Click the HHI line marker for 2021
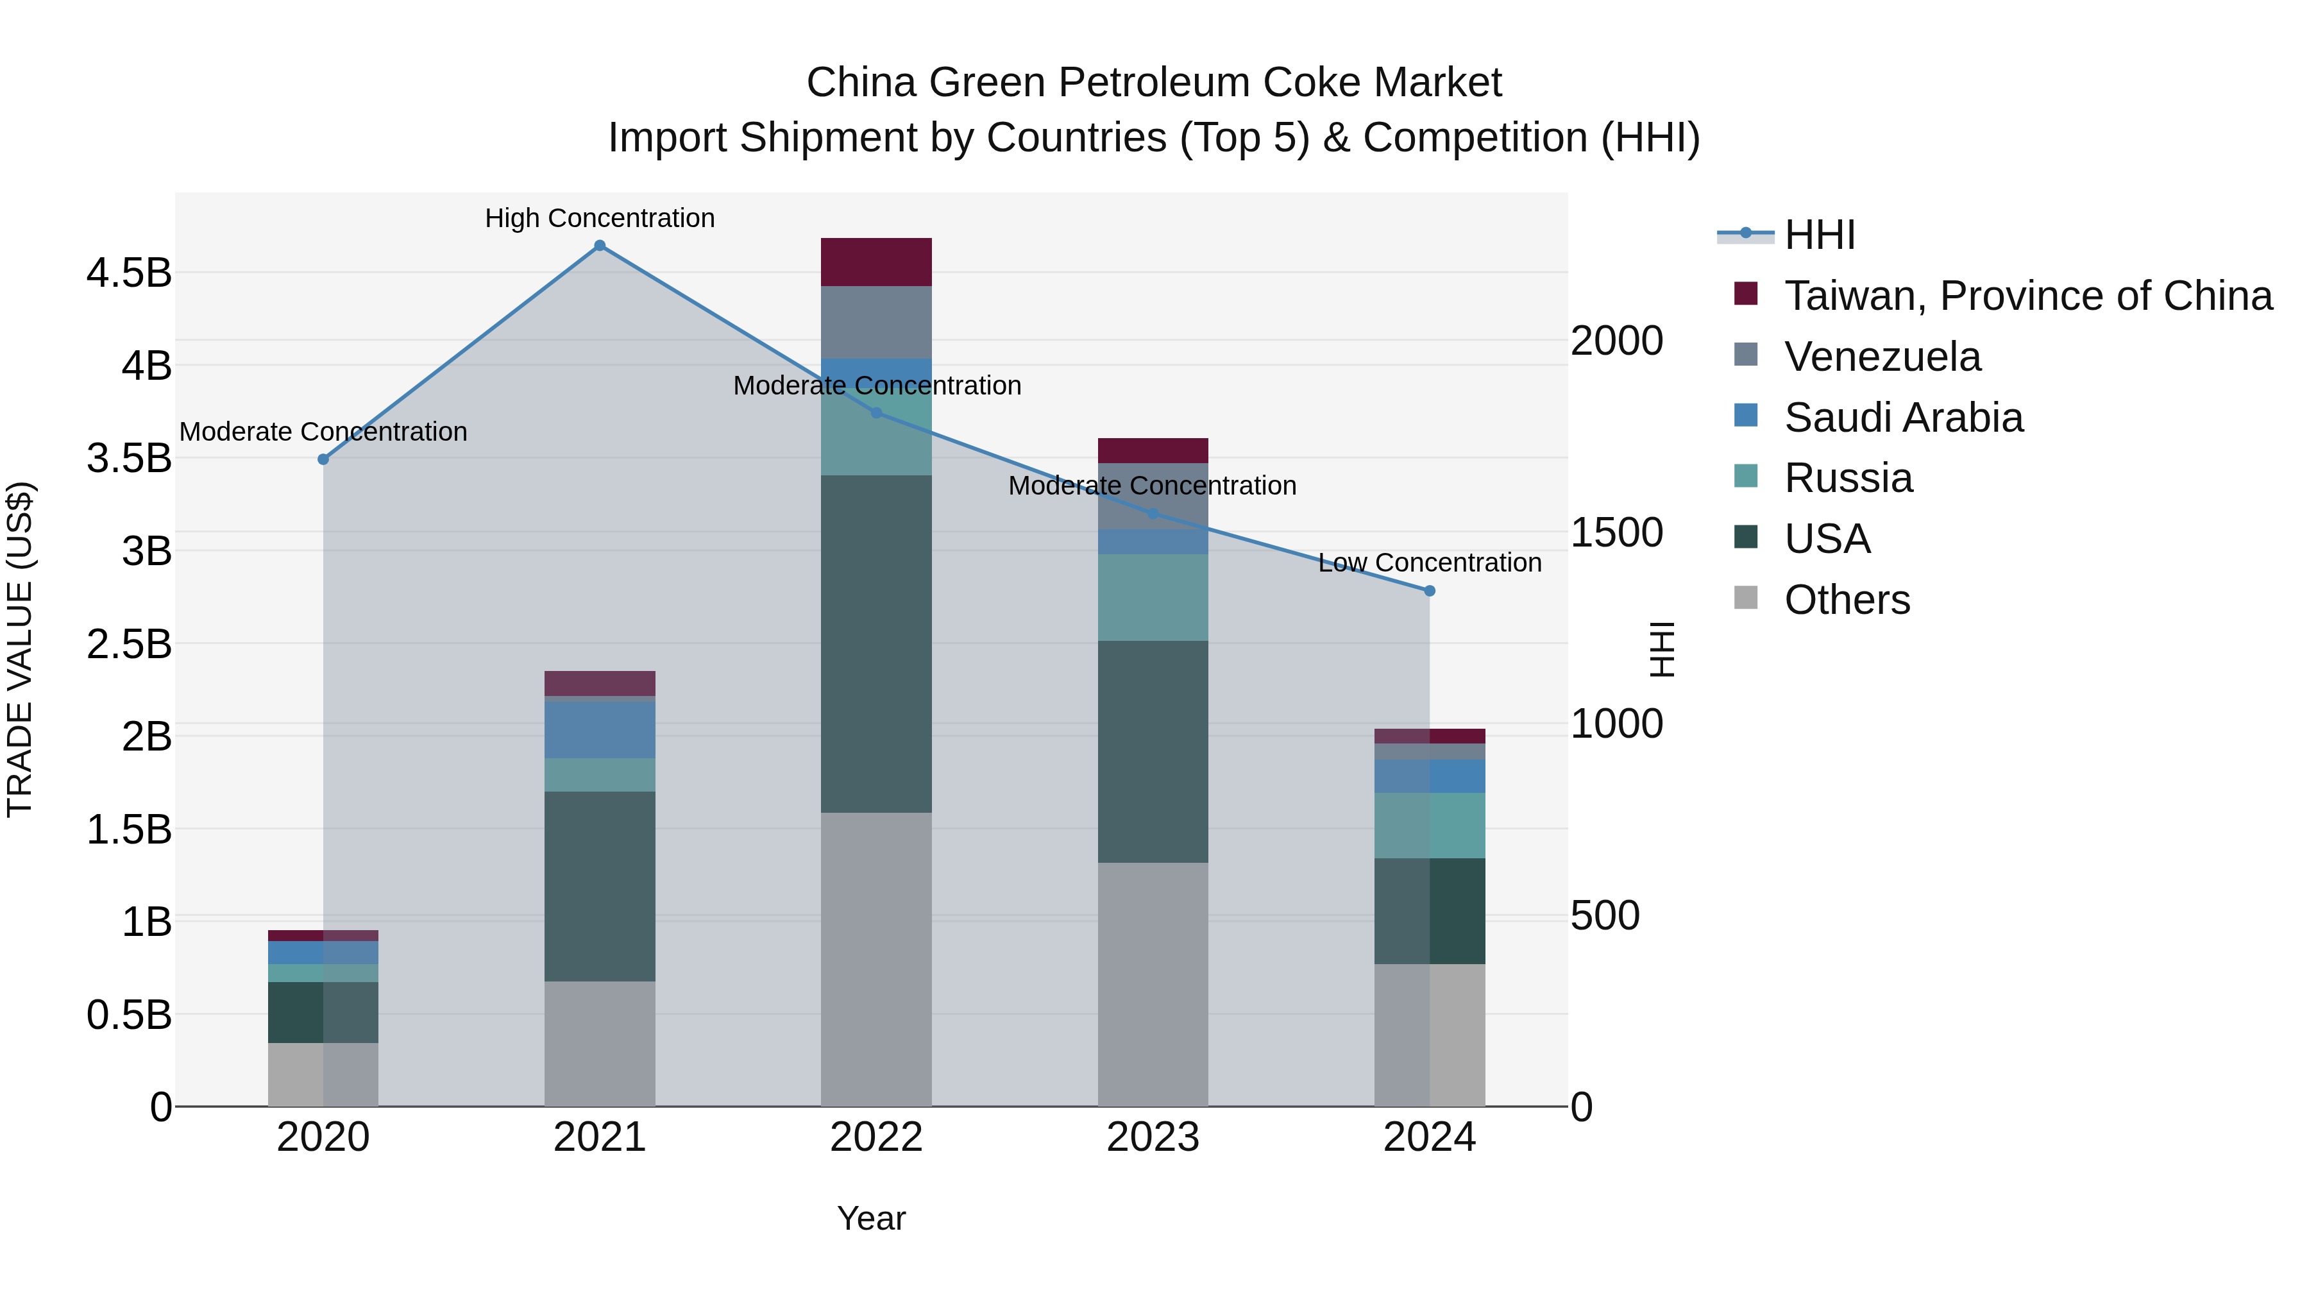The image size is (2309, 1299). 600,246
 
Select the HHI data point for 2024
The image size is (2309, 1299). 1429,591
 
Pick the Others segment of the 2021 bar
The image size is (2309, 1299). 600,1044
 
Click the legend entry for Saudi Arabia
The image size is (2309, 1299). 1903,418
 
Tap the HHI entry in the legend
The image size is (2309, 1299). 1819,235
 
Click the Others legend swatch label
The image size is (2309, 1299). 1847,600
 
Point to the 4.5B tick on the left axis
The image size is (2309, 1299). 129,273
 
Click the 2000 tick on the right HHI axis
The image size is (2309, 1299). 1616,341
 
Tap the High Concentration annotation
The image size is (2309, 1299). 600,218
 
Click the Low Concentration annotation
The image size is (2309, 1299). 1429,563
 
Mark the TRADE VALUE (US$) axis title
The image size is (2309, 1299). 20,649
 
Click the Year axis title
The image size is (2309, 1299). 870,1218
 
